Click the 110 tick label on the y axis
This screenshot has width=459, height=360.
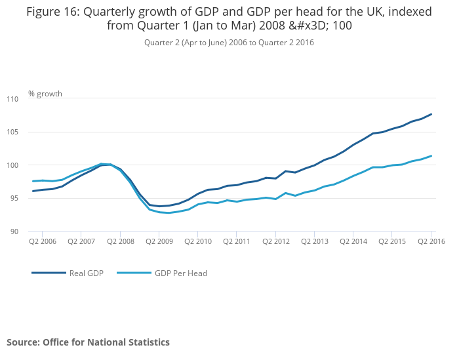pos(13,99)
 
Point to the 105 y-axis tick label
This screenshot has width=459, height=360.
pos(13,132)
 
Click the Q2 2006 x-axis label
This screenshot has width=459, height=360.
pos(42,241)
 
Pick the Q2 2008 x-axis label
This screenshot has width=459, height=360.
pos(120,241)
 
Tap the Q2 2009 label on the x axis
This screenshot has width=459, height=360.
pos(159,241)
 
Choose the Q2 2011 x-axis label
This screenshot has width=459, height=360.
pos(237,241)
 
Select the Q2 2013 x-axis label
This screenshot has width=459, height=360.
pos(314,241)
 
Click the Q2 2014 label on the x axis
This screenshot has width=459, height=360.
pos(353,241)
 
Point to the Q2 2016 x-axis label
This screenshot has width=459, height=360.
pos(431,241)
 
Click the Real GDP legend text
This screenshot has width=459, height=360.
pos(87,273)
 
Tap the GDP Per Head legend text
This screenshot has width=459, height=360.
pos(180,273)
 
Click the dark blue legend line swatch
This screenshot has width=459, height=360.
pos(49,273)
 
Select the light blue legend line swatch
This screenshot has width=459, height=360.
pos(134,273)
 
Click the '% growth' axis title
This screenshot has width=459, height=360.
pos(45,94)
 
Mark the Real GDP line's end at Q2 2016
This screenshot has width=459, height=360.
pos(431,114)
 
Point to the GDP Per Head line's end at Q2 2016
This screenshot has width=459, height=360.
pos(431,156)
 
